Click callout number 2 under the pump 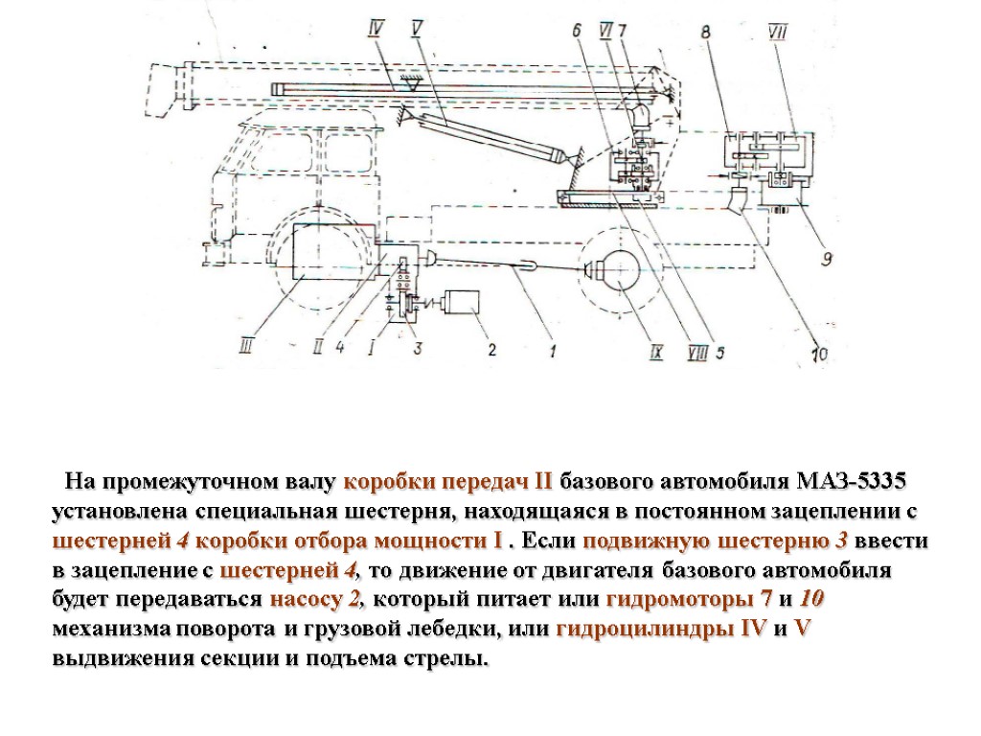click(x=491, y=350)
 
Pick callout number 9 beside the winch click(x=825, y=257)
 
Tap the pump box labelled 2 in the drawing click(x=465, y=303)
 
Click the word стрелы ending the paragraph click(x=451, y=661)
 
